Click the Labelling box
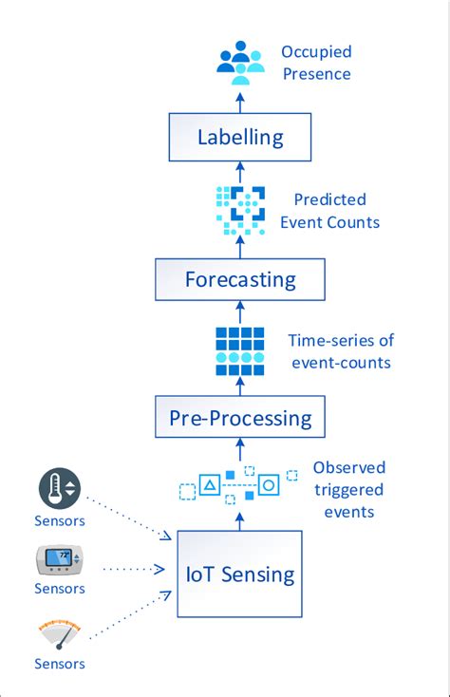tap(240, 137)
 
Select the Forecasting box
tap(240, 280)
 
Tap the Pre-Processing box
tap(240, 417)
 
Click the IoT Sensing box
tap(240, 574)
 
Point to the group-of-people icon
tap(240, 58)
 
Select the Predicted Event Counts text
tap(329, 211)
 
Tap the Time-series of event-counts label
tap(340, 349)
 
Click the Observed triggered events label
tap(348, 489)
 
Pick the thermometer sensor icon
tap(60, 488)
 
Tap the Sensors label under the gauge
tap(60, 664)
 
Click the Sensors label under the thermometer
tap(60, 520)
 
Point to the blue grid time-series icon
tap(240, 349)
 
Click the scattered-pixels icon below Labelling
tap(240, 211)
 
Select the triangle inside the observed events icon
tap(213, 485)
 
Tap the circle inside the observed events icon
tap(269, 485)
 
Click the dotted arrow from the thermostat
tap(133, 570)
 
